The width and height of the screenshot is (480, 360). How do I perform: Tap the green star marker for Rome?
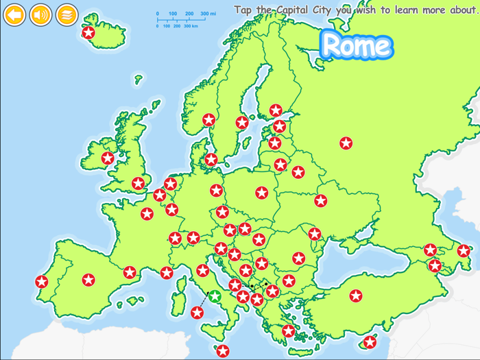215,296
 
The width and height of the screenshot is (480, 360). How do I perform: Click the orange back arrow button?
14,14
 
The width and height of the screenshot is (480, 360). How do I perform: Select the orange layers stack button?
67,14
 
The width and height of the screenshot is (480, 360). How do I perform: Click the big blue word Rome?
357,45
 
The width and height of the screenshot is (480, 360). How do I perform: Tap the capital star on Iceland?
88,32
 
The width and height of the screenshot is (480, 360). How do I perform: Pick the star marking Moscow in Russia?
346,143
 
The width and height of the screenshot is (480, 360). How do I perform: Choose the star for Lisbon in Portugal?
42,281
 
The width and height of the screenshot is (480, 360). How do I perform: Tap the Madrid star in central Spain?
88,280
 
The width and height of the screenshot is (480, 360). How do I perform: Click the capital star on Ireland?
108,158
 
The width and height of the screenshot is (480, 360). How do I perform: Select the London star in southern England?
139,183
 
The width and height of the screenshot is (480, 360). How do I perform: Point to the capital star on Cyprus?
370,341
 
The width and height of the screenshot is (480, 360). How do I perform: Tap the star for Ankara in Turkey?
355,296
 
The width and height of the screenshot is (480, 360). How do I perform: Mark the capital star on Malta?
223,351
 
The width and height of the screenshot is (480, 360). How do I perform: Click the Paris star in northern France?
147,214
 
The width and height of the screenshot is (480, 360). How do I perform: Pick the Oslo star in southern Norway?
209,120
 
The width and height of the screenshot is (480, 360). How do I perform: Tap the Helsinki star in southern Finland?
276,110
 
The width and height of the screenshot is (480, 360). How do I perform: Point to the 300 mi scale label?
208,14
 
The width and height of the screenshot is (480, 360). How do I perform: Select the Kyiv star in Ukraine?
320,201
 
